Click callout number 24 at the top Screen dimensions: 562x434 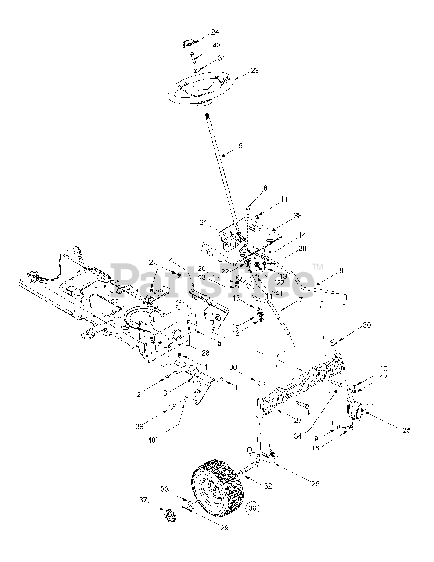215,32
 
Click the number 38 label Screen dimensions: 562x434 298,216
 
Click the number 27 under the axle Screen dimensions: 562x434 298,420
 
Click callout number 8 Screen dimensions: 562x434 341,270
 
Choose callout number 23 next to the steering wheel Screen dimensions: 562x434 255,70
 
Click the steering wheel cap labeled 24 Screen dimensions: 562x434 188,43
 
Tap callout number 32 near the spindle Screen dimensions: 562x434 268,486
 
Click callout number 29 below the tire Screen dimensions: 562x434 224,528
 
